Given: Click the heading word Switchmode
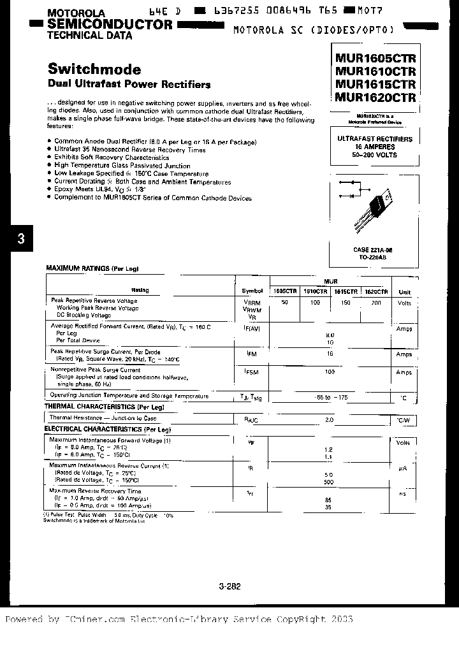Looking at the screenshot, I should [94, 69].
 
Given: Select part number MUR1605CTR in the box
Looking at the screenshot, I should [375, 57].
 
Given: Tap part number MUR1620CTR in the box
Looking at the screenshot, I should [375, 98].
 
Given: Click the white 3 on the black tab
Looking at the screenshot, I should [21, 240].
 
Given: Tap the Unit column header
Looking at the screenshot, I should [404, 291].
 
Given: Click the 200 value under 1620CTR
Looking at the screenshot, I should [375, 303].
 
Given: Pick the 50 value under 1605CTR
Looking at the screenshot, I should [284, 303].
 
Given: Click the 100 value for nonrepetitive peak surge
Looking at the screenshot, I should [330, 372].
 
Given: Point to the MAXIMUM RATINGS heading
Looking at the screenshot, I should [84, 269].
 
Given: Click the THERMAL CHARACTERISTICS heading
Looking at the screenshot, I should [99, 406].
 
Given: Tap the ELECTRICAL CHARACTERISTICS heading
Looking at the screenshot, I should [102, 430].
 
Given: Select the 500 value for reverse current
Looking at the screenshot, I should [330, 482].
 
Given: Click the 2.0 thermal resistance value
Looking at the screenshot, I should [330, 419].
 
